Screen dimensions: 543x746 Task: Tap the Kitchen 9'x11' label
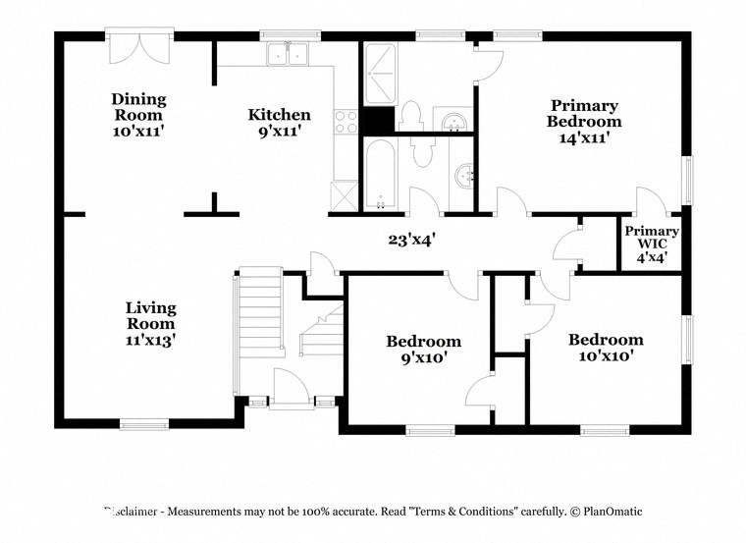click(x=279, y=123)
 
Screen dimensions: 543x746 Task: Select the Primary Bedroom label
click(x=584, y=122)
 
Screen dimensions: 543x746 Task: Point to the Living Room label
click(x=150, y=323)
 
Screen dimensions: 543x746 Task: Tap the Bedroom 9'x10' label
click(x=423, y=350)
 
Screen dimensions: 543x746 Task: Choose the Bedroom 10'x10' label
click(x=606, y=348)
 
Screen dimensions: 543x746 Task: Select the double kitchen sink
click(x=289, y=55)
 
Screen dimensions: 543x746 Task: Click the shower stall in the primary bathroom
click(x=378, y=74)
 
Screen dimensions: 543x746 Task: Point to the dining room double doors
click(x=140, y=48)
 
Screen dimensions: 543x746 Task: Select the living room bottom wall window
click(x=146, y=425)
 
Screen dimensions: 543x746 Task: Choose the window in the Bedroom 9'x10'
click(x=432, y=429)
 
